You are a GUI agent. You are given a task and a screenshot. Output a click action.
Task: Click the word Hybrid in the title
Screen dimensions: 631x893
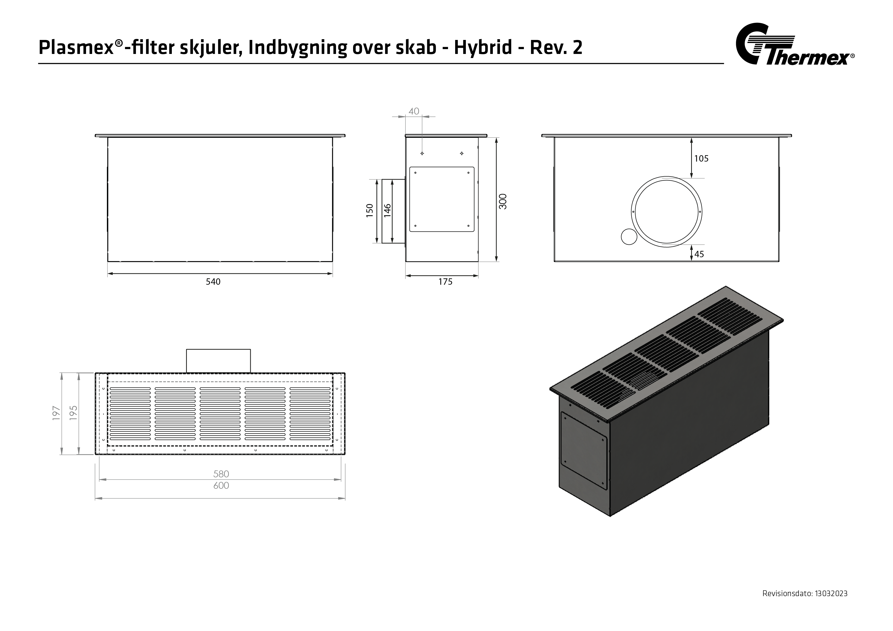(x=483, y=48)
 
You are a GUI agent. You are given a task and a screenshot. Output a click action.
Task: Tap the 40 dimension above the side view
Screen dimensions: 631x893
(x=414, y=112)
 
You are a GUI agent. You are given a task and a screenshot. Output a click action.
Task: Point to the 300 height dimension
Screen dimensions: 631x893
(x=503, y=202)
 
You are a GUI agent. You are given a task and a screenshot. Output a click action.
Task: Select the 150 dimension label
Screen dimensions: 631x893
(x=369, y=210)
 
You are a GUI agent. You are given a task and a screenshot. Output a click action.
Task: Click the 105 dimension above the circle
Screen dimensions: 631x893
(x=701, y=159)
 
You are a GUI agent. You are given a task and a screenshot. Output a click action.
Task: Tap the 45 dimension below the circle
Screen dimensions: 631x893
(x=699, y=254)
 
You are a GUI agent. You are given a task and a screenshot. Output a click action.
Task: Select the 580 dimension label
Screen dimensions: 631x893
(x=221, y=474)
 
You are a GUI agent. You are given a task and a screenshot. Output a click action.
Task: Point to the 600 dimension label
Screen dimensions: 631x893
(x=221, y=486)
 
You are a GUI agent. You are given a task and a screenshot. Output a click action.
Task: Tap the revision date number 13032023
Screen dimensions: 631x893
(x=831, y=594)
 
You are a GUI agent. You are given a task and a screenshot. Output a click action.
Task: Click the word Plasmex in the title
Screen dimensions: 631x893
(x=76, y=48)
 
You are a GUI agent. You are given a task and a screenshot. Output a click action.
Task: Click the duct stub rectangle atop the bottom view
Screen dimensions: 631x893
(x=218, y=361)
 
